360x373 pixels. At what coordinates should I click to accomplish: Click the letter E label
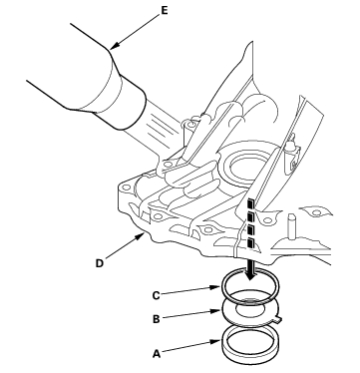[x=165, y=10]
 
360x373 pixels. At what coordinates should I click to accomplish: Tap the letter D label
[x=100, y=263]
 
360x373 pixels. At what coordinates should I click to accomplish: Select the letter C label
[x=156, y=295]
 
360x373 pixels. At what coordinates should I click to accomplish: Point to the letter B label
[x=157, y=319]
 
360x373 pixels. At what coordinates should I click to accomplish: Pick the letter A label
[x=157, y=354]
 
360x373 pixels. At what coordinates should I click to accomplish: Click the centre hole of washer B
[x=250, y=308]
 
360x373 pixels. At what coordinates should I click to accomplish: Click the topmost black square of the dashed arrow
[x=251, y=203]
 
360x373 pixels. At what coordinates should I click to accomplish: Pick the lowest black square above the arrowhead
[x=251, y=243]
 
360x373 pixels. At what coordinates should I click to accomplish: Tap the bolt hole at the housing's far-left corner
[x=126, y=186]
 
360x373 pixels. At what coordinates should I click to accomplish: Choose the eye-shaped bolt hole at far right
[x=316, y=210]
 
